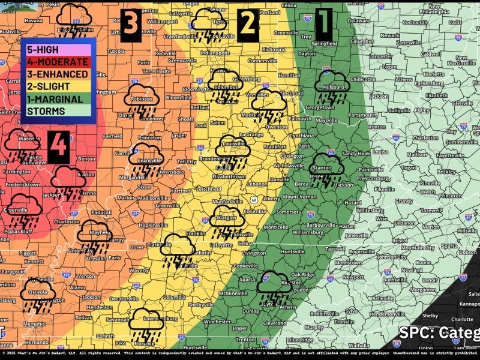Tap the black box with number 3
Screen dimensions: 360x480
coord(131,25)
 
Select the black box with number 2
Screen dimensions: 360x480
coord(247,24)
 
